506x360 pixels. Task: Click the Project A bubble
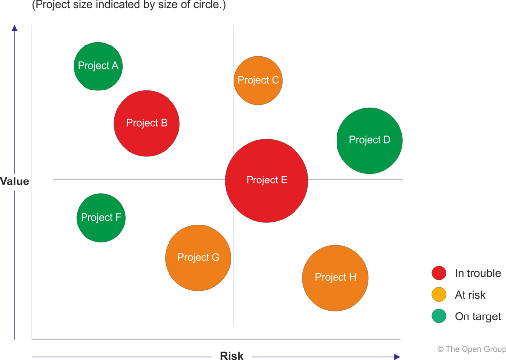[98, 66]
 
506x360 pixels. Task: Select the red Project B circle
[147, 123]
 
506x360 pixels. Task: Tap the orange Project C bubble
[258, 81]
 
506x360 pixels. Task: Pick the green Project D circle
[370, 140]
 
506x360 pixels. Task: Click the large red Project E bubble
[267, 180]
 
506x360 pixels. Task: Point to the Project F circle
[101, 218]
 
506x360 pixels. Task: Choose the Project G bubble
[198, 258]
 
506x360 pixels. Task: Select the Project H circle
[336, 278]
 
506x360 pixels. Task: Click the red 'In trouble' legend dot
[439, 273]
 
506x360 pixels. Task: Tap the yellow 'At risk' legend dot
[439, 295]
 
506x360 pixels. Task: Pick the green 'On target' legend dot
[439, 316]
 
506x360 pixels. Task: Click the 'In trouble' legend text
[477, 273]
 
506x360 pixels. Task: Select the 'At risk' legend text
[470, 295]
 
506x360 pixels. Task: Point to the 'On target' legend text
[477, 316]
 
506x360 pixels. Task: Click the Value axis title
[15, 181]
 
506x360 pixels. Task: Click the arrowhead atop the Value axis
[15, 28]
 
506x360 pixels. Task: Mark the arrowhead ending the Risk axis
[397, 356]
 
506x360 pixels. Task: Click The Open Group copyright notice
[471, 349]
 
